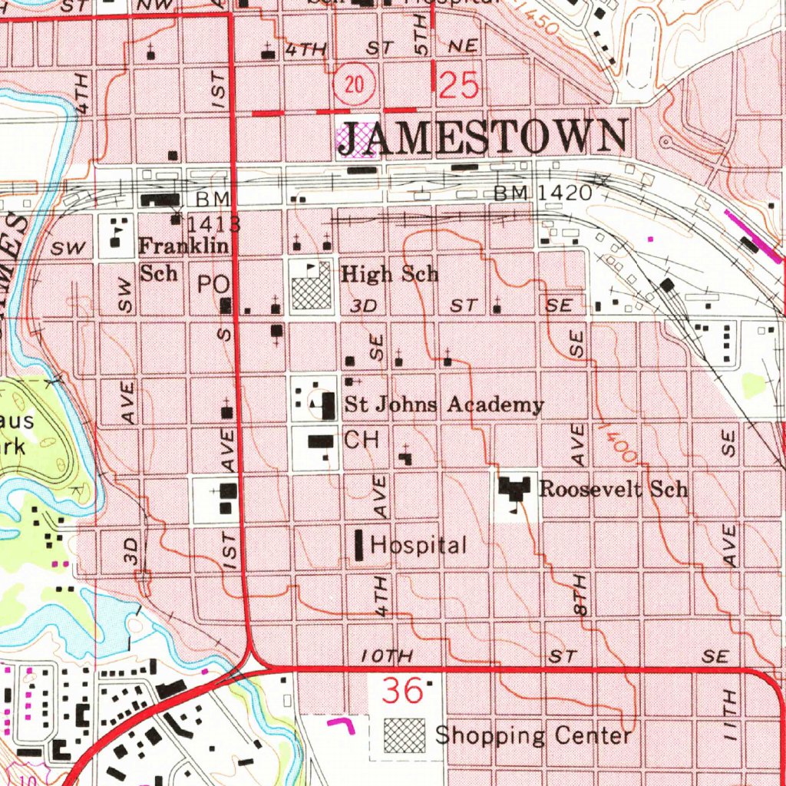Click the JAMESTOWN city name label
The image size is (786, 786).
coord(482,138)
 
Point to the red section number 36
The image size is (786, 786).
coord(403,691)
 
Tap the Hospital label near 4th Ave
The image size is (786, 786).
coord(418,546)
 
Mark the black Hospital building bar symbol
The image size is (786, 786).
coord(358,543)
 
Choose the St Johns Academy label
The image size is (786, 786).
coord(444,405)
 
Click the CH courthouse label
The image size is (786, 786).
coord(362,440)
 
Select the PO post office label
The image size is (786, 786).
coord(213,284)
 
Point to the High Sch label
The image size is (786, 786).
coord(389,273)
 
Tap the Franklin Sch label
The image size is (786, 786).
coord(183,259)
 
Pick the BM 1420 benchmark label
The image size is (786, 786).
coord(543,193)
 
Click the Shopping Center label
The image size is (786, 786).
coord(533,735)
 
